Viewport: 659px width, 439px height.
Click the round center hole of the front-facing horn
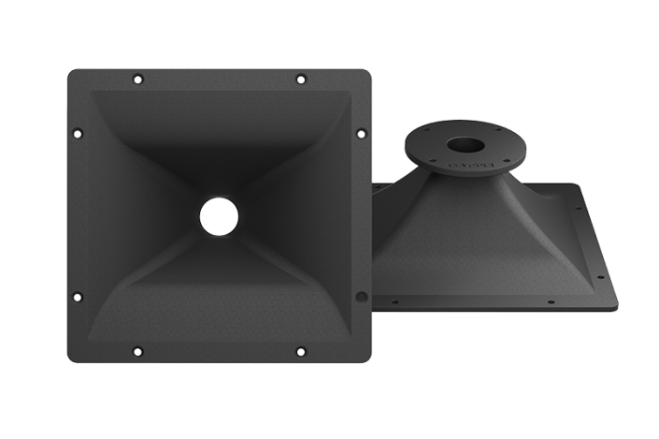tap(218, 213)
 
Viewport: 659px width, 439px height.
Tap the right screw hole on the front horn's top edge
tap(299, 78)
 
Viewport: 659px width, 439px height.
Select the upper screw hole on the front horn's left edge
tap(78, 131)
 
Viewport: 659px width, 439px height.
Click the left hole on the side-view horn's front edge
tap(395, 303)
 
